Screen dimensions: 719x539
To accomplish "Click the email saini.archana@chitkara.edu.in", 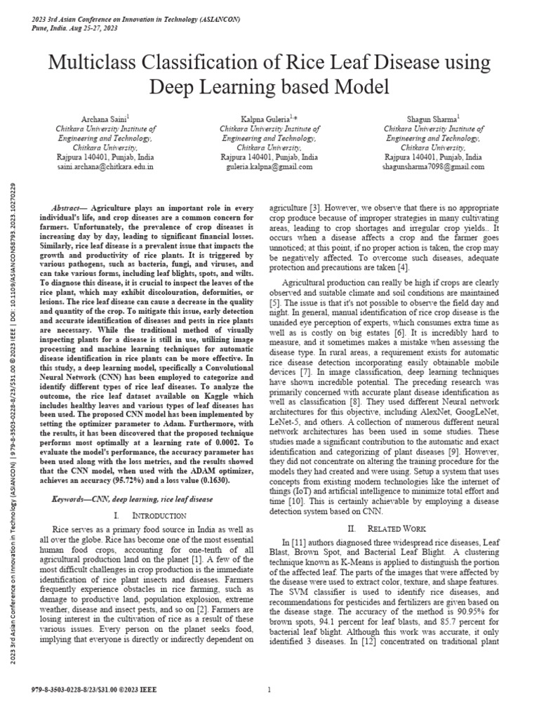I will (105, 169).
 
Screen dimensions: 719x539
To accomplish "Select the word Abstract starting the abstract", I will (68, 209).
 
